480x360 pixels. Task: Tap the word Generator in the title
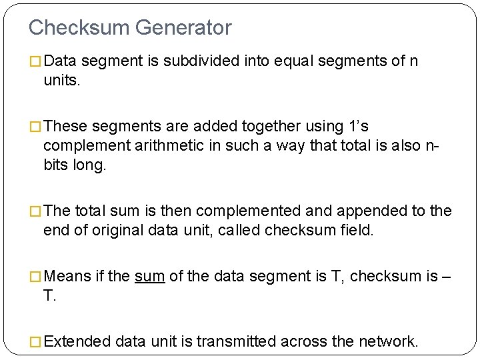click(x=183, y=27)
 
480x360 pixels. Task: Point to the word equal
click(x=297, y=62)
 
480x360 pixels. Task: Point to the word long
click(x=89, y=164)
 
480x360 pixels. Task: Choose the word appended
click(x=368, y=211)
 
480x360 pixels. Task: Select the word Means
click(x=70, y=277)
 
